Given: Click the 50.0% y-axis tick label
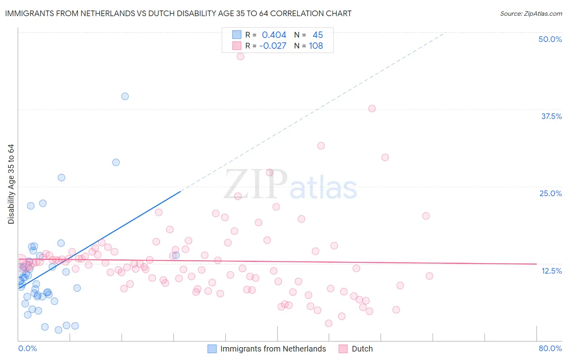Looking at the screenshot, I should tap(550, 39).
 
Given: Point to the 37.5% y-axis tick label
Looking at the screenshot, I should tap(551, 116).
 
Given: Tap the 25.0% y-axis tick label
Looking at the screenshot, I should tap(550, 193).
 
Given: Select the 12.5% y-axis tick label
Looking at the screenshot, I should tap(551, 271).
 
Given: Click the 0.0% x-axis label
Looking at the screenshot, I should tap(27, 348).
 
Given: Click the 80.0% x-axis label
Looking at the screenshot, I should tap(550, 348).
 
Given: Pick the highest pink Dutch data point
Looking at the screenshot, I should tap(240, 57).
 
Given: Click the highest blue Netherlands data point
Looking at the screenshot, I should tap(125, 96).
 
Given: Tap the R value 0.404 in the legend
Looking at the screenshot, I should tap(274, 35).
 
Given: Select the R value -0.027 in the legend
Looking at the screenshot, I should tap(273, 46).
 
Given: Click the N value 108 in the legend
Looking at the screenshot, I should tap(316, 46).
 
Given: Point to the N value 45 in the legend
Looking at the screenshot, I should tap(317, 35).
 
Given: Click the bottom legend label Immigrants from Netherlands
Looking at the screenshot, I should tap(273, 349).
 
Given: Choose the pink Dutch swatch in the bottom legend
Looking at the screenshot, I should tap(343, 349).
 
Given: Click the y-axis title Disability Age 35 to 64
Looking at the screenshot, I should tap(11, 184).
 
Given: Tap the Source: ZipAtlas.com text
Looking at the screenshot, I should tap(531, 14).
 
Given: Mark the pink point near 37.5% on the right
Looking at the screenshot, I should tap(372, 109).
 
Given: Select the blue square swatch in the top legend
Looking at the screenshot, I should tap(237, 35).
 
